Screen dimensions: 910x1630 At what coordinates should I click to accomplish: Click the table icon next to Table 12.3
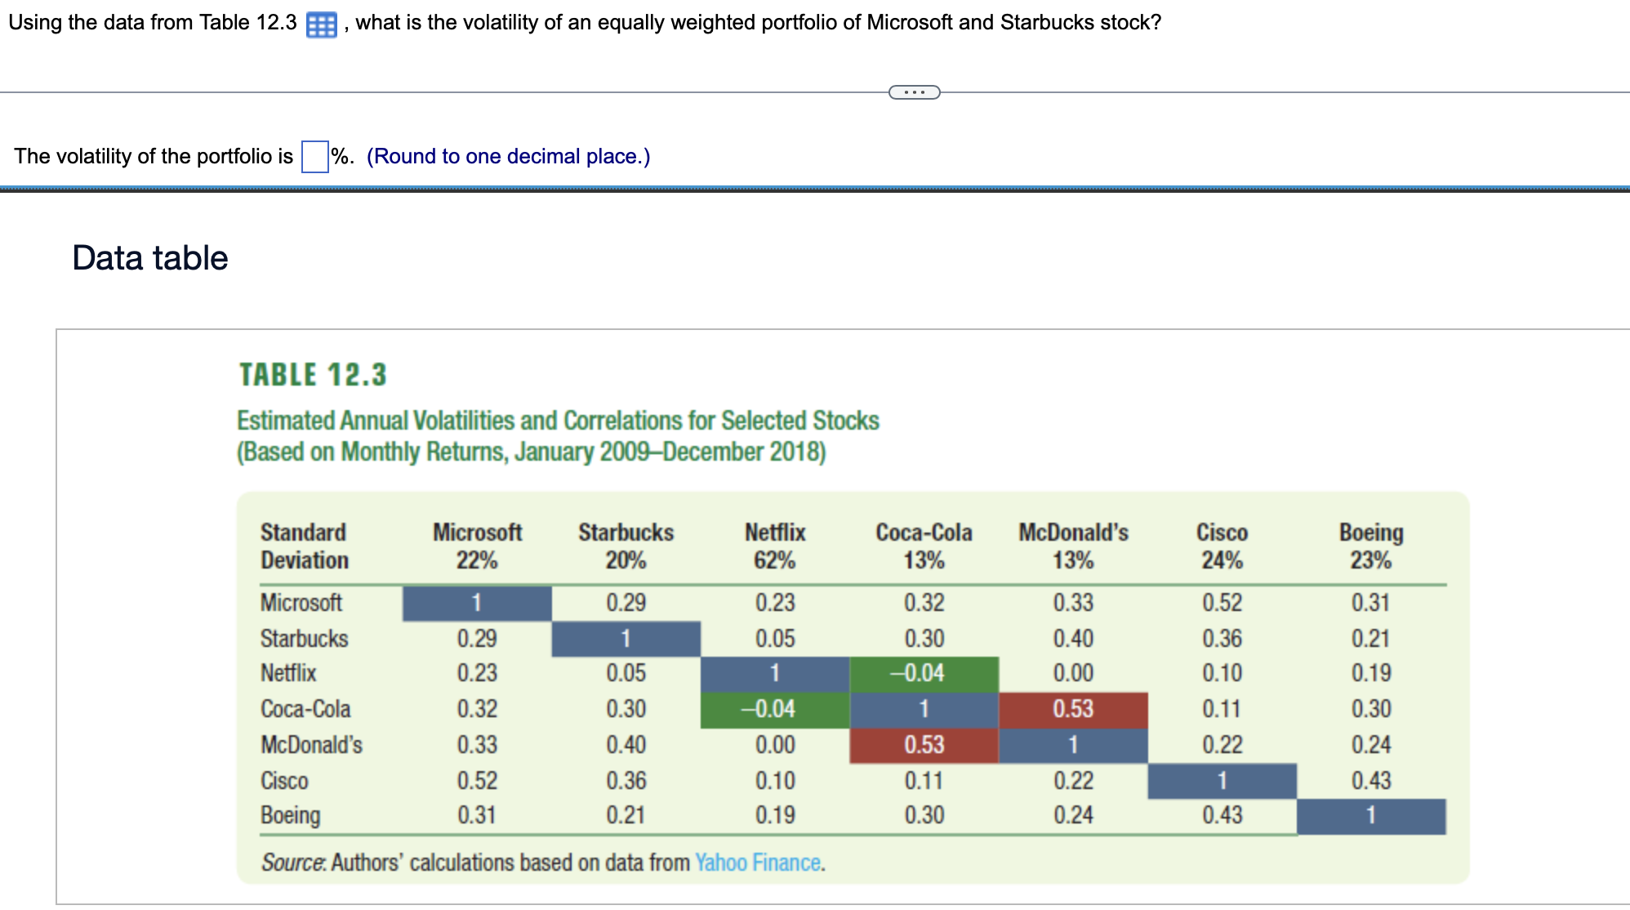tap(321, 25)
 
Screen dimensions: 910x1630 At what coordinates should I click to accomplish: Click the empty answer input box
tap(314, 157)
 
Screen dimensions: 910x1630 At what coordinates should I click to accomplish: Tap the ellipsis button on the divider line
tap(914, 92)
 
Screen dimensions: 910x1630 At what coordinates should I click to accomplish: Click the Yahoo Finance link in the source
tap(758, 863)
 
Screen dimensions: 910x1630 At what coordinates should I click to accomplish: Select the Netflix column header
tap(774, 533)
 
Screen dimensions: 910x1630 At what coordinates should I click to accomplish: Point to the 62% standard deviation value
tap(774, 560)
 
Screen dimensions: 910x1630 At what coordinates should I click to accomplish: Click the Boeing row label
tap(290, 815)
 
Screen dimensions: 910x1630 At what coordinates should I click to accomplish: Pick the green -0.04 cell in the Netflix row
tap(924, 673)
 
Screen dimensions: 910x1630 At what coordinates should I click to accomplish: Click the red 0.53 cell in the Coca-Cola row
tap(1072, 709)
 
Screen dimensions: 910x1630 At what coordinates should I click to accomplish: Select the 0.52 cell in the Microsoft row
tap(1222, 603)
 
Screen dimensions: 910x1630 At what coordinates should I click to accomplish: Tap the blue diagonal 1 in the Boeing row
tap(1370, 815)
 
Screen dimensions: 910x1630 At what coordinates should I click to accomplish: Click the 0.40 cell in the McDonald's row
tap(626, 745)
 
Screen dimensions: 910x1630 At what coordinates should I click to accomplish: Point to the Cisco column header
tap(1222, 533)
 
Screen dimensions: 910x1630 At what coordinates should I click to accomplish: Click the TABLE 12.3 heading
tap(313, 375)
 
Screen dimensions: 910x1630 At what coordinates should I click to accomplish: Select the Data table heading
tap(150, 258)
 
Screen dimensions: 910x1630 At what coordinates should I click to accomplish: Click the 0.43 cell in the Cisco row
tap(1370, 781)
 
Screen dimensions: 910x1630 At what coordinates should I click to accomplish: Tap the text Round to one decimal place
tap(508, 157)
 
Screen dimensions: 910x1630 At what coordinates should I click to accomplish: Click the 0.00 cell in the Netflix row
tap(1072, 673)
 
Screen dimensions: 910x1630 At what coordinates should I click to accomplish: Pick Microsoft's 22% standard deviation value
tap(477, 560)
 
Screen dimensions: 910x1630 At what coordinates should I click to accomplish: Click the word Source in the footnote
tap(292, 863)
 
